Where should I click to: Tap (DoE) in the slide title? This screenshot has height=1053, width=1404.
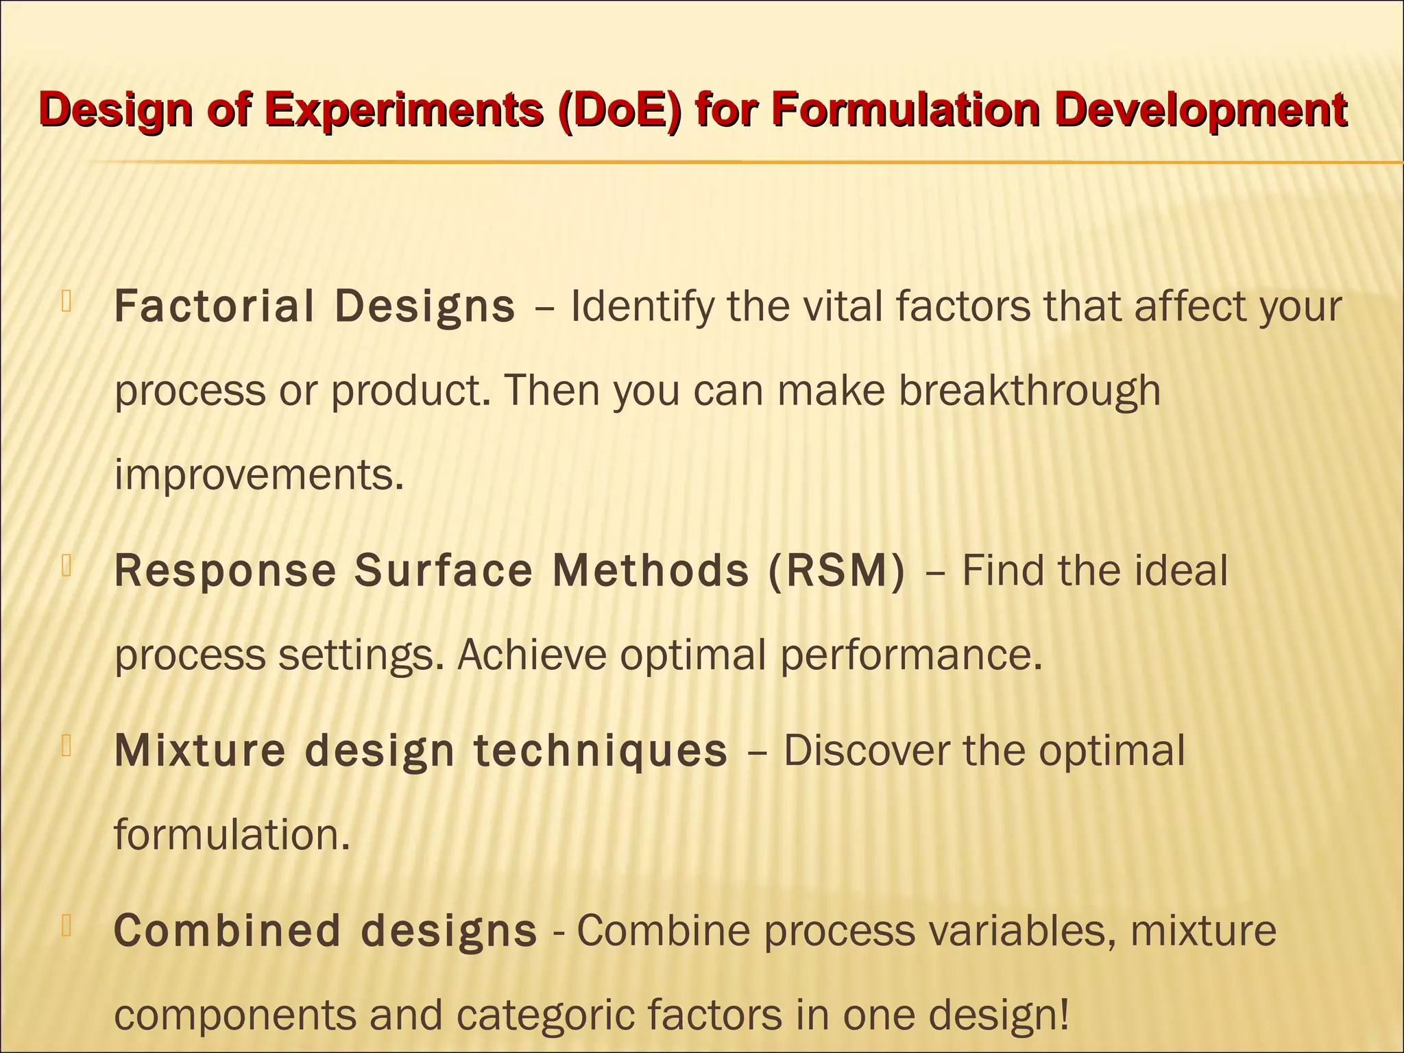pyautogui.click(x=620, y=110)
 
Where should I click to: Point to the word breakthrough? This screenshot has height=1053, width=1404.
pyautogui.click(x=1029, y=391)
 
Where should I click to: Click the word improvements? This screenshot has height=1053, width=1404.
pyautogui.click(x=258, y=474)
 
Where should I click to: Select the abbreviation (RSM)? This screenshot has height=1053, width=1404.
pyautogui.click(x=837, y=570)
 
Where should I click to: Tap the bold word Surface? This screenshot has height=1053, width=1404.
pyautogui.click(x=443, y=570)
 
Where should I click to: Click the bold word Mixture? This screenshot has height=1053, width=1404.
pyautogui.click(x=199, y=750)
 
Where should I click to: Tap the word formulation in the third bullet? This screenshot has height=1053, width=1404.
pyautogui.click(x=232, y=835)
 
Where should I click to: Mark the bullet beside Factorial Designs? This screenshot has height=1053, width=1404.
pyautogui.click(x=66, y=302)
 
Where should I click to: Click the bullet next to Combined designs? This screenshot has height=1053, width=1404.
pyautogui.click(x=66, y=926)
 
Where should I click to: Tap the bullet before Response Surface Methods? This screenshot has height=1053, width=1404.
pyautogui.click(x=66, y=566)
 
